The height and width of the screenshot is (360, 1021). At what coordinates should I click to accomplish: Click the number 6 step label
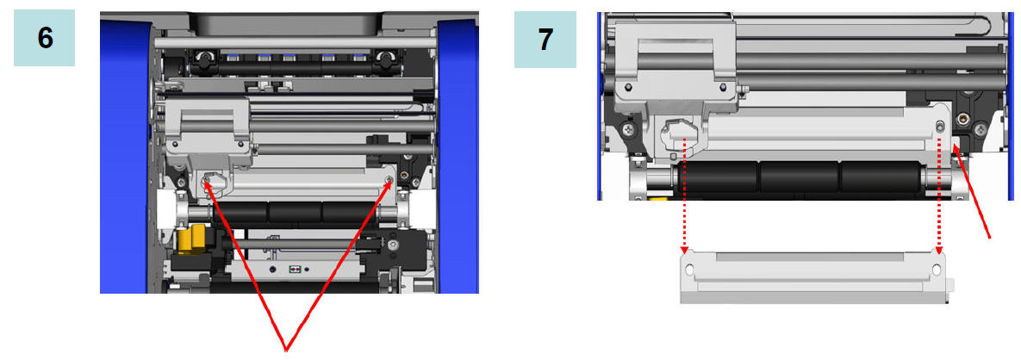[x=44, y=38]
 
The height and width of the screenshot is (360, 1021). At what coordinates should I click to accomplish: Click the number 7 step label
[x=545, y=40]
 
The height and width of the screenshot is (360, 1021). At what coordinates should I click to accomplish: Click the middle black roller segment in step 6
[x=294, y=213]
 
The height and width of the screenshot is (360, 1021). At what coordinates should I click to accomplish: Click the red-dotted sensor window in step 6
[x=295, y=269]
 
